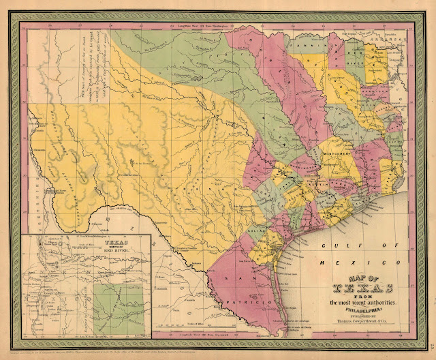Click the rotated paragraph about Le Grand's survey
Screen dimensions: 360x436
96,75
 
